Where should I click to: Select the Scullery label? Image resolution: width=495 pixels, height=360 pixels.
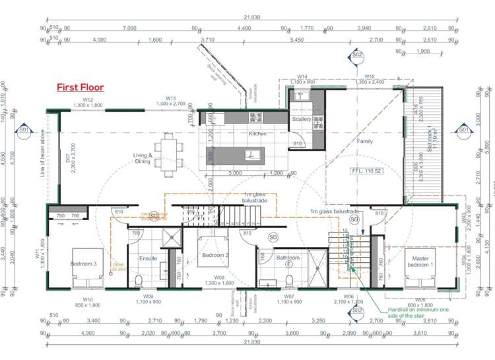click(301, 119)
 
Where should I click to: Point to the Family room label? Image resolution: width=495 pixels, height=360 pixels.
click(364, 141)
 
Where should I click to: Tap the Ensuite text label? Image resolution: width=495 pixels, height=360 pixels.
click(148, 258)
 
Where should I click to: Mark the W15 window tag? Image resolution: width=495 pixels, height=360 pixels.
click(369, 77)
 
